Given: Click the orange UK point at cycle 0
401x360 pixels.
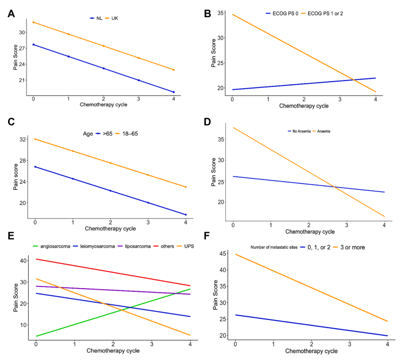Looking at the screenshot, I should point(34,22).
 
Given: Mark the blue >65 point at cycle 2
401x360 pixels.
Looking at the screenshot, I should point(110,190).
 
